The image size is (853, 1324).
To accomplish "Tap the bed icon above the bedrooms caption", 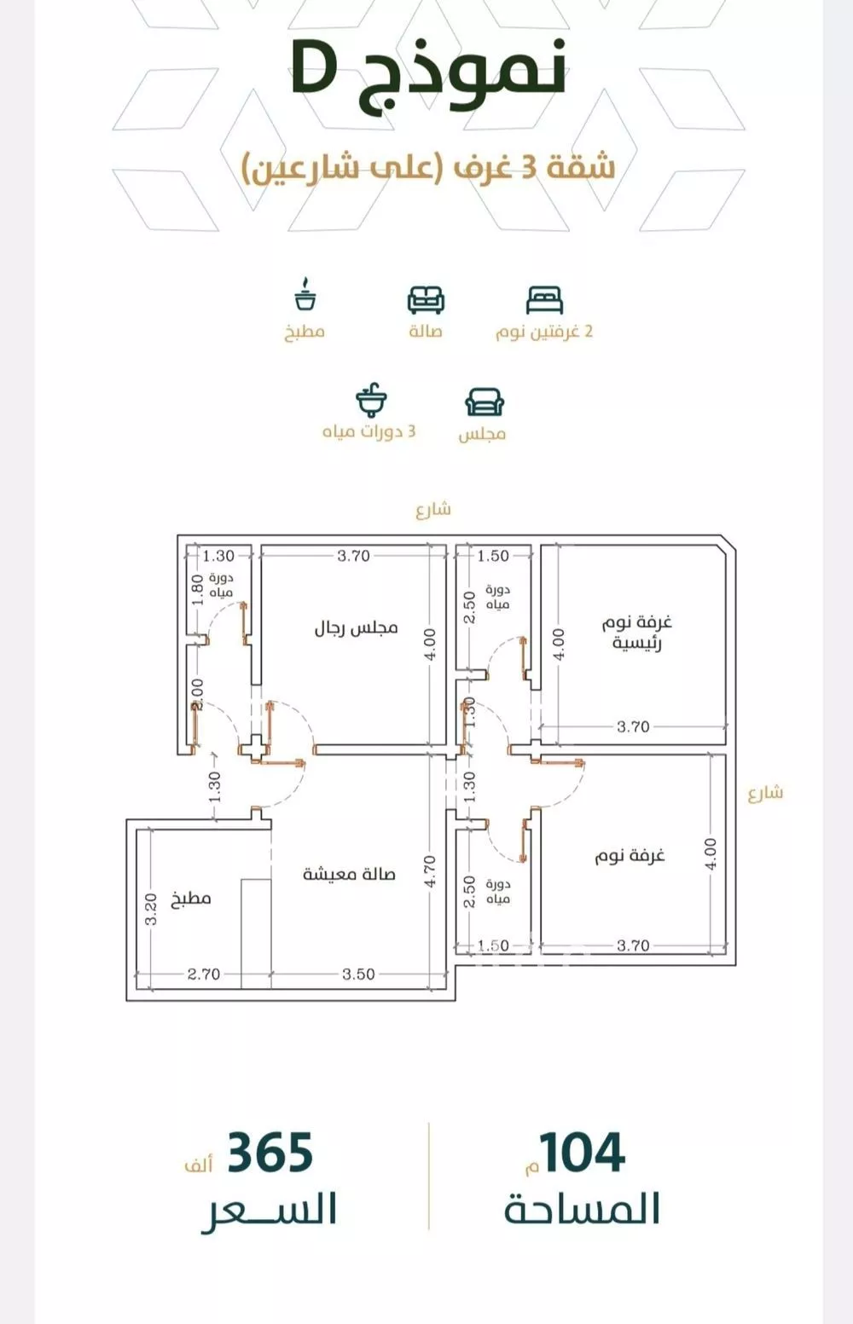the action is click(544, 300).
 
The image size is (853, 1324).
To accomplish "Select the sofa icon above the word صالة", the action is click(426, 300).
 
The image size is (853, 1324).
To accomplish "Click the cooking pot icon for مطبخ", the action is click(305, 294).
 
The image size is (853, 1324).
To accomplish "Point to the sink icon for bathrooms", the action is click(371, 400).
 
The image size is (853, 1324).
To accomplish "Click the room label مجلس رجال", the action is click(356, 627).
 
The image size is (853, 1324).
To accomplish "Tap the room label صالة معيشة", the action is click(349, 874).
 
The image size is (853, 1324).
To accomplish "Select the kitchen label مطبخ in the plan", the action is click(191, 899).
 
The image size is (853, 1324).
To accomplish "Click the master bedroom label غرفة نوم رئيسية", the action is click(637, 632).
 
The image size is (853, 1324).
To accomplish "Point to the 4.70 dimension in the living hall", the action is click(430, 871).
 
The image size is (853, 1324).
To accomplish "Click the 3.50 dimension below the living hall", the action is click(358, 974).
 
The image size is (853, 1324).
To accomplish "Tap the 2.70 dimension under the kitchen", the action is click(204, 974).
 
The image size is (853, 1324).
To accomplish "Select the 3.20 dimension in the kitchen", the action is click(151, 909).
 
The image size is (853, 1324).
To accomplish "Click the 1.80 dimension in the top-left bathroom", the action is click(198, 589).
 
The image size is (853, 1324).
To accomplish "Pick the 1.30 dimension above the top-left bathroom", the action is click(219, 556).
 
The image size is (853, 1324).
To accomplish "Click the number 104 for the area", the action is click(583, 1153).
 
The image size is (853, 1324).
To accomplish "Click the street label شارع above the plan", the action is click(433, 509).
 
